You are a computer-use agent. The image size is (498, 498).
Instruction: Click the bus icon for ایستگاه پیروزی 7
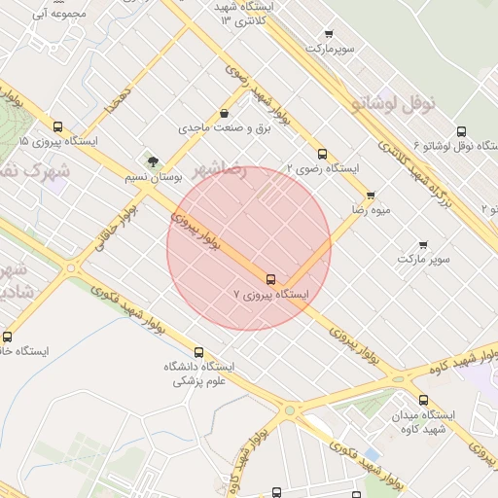pos(270,279)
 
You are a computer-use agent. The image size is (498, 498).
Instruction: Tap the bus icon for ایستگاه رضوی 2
pos(322,154)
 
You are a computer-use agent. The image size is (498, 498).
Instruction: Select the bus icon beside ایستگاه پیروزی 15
pos(57,127)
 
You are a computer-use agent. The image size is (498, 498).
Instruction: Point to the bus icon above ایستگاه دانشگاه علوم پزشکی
pos(199,352)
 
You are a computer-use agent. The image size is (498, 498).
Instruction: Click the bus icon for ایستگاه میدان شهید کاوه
pos(422,400)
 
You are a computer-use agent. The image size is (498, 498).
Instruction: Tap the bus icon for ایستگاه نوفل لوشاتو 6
pos(460,132)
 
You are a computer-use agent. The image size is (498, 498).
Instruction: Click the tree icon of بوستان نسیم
pos(152,161)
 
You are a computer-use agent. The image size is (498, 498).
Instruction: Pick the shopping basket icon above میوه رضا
pos(371,195)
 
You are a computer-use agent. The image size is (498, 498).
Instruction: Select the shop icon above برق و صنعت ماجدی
pos(225,113)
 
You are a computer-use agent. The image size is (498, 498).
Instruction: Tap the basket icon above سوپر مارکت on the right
pos(423,245)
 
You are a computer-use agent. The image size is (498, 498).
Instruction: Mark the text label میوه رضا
pos(372,209)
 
